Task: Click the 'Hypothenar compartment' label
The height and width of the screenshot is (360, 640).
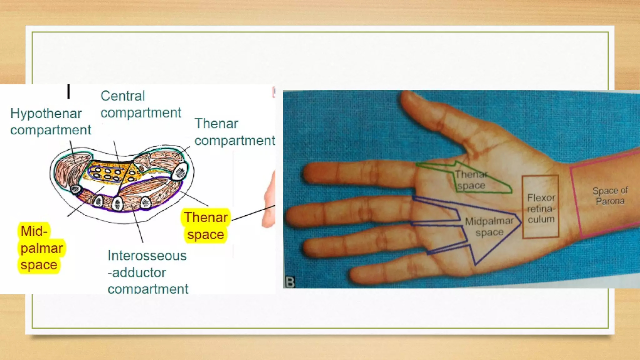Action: [x=50, y=122]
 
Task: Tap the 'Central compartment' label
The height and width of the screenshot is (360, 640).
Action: [x=141, y=104]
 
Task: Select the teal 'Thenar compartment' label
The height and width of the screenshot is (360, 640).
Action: [x=234, y=132]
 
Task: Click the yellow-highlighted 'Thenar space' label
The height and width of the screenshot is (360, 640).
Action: [x=206, y=226]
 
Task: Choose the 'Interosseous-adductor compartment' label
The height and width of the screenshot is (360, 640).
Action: [x=147, y=272]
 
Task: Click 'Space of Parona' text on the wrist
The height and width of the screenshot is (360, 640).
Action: [x=610, y=196]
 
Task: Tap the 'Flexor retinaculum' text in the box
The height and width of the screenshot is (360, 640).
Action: [x=541, y=208]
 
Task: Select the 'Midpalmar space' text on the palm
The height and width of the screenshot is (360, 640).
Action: [x=489, y=227]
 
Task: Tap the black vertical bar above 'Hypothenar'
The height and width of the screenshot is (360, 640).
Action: [x=68, y=91]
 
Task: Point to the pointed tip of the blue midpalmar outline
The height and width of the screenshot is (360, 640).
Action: [x=521, y=222]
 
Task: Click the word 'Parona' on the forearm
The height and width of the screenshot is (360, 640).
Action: [x=610, y=201]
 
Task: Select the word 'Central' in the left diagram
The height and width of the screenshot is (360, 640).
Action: [x=123, y=96]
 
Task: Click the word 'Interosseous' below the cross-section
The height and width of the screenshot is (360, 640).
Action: [x=147, y=256]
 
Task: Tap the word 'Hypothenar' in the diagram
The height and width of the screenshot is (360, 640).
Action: [x=46, y=113]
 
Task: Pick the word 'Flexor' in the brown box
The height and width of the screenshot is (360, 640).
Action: [x=541, y=198]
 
